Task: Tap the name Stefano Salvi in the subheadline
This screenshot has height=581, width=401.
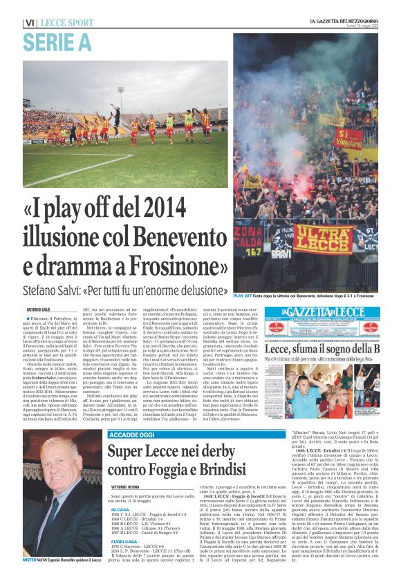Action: [56, 291]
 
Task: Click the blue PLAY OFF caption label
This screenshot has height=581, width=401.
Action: [242, 295]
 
